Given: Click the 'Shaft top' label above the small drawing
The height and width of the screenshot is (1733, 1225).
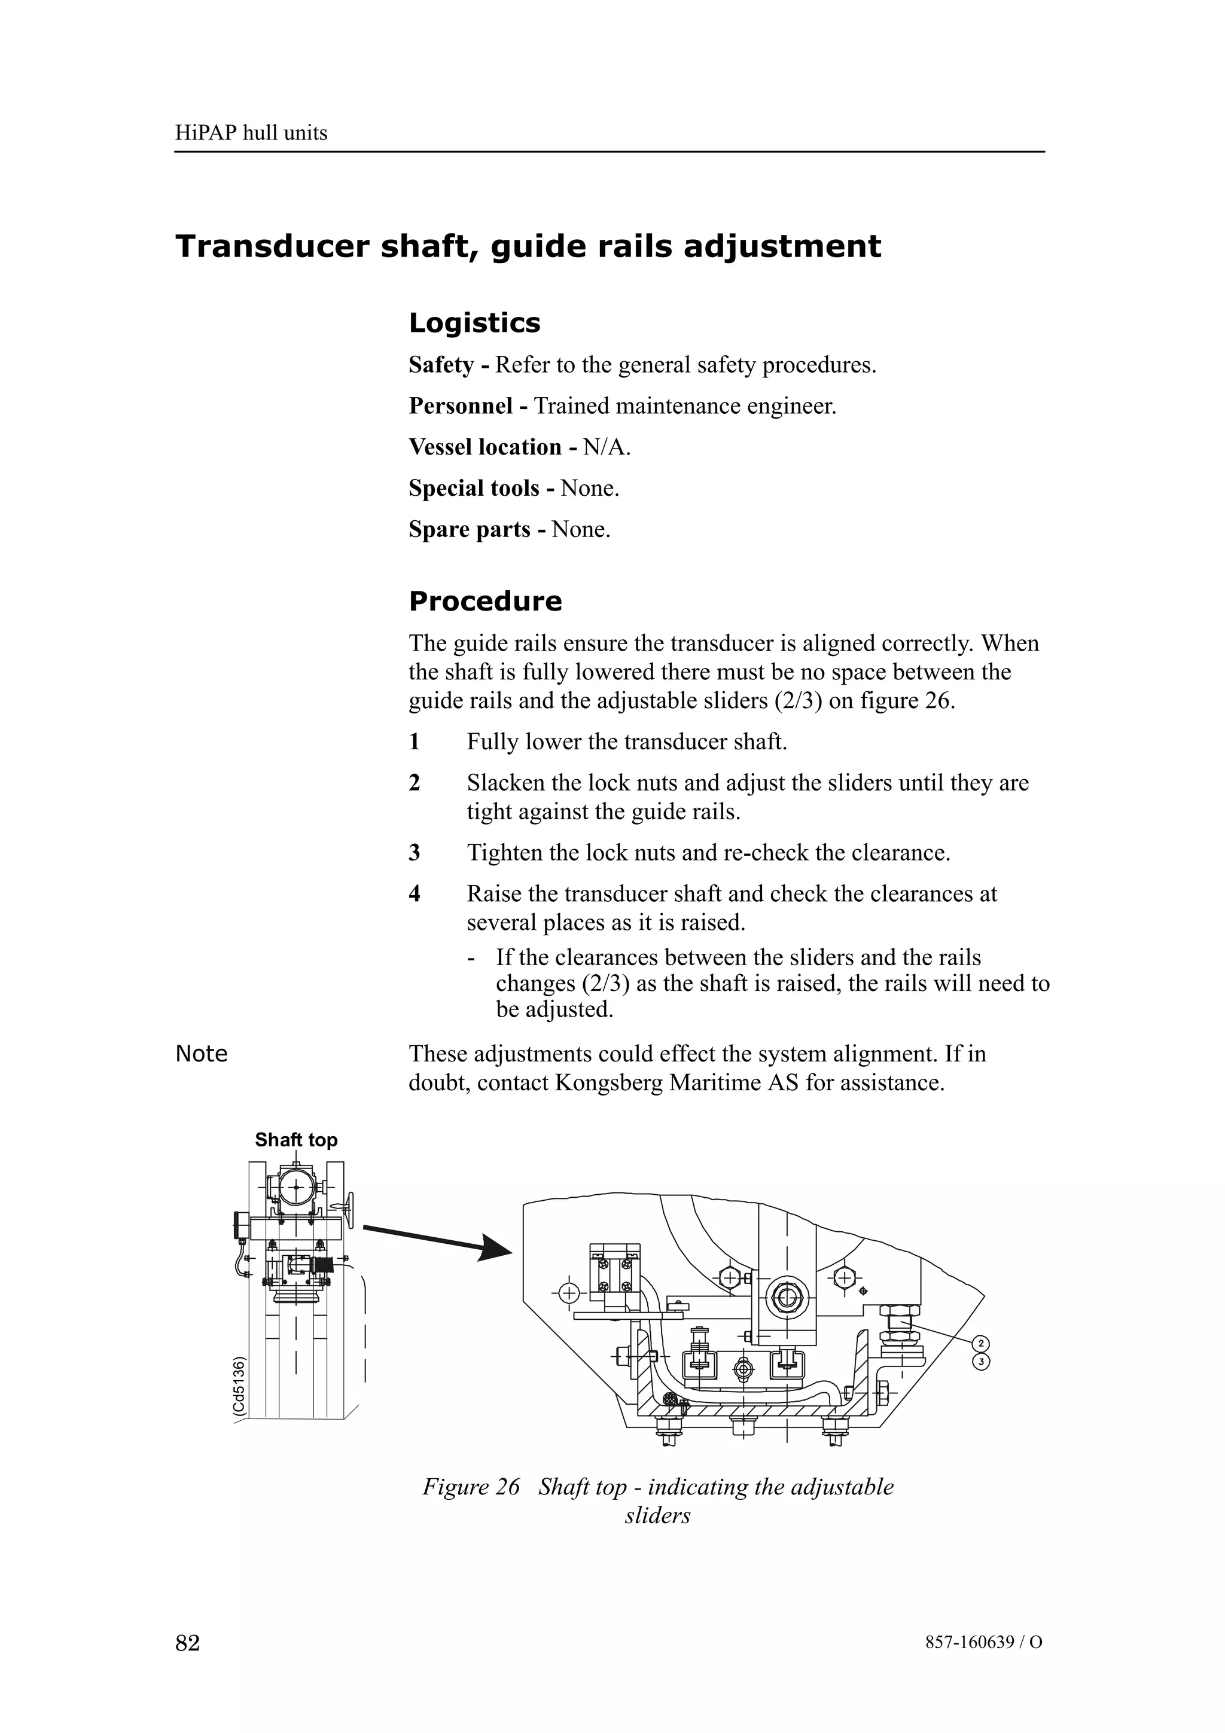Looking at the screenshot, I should pos(296,1140).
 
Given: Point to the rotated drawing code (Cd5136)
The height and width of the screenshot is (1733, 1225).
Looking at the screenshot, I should pos(239,1387).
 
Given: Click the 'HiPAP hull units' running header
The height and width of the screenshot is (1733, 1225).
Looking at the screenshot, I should pos(251,133).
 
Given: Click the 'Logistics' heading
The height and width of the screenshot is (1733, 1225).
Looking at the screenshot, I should pos(474,323).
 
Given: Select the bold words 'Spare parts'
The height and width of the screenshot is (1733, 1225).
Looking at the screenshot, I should pos(470,529).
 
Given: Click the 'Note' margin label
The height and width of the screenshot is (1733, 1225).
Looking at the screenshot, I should pos(201,1054).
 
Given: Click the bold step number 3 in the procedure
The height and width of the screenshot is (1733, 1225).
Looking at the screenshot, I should pos(415,853).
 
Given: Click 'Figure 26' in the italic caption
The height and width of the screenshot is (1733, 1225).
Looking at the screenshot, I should pos(471,1487).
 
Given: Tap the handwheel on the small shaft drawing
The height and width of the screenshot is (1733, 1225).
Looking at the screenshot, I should pos(349,1209).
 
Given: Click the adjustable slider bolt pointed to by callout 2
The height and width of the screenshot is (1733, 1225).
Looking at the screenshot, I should pos(900,1322).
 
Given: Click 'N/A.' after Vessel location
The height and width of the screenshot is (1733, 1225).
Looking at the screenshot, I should pos(607,447).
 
